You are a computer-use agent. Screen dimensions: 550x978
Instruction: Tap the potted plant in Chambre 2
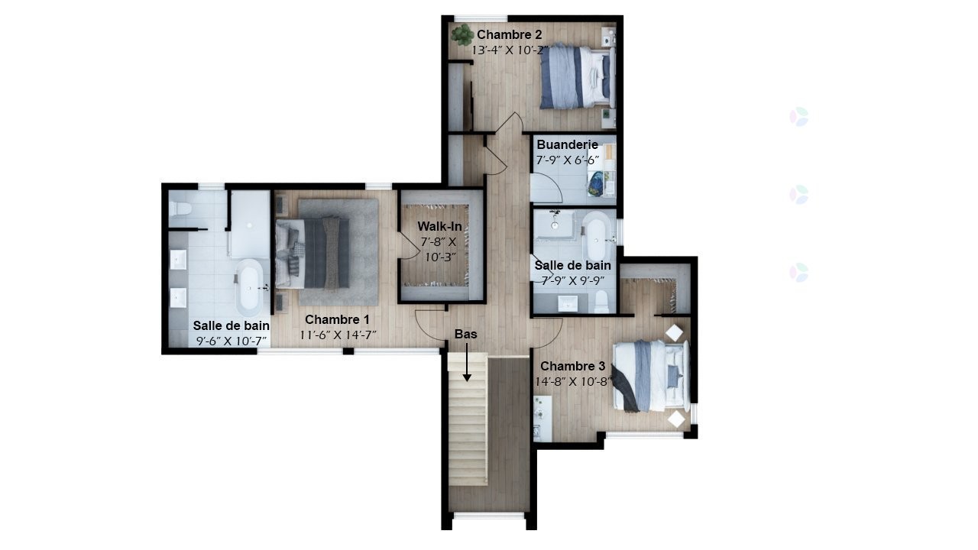tap(461, 34)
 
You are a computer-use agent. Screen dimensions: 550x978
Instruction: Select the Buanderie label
tap(567, 145)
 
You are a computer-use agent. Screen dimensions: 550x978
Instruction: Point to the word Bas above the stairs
tap(466, 335)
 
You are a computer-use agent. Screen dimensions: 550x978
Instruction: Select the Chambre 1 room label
tap(337, 319)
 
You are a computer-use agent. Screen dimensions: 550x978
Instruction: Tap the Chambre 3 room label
tap(572, 367)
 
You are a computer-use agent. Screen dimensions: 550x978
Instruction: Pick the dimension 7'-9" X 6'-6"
tap(567, 160)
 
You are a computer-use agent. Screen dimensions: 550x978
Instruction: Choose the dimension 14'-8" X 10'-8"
tap(577, 381)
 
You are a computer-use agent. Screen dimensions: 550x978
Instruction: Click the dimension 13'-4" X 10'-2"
tap(510, 50)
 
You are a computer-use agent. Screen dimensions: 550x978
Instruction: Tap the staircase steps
tap(468, 428)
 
